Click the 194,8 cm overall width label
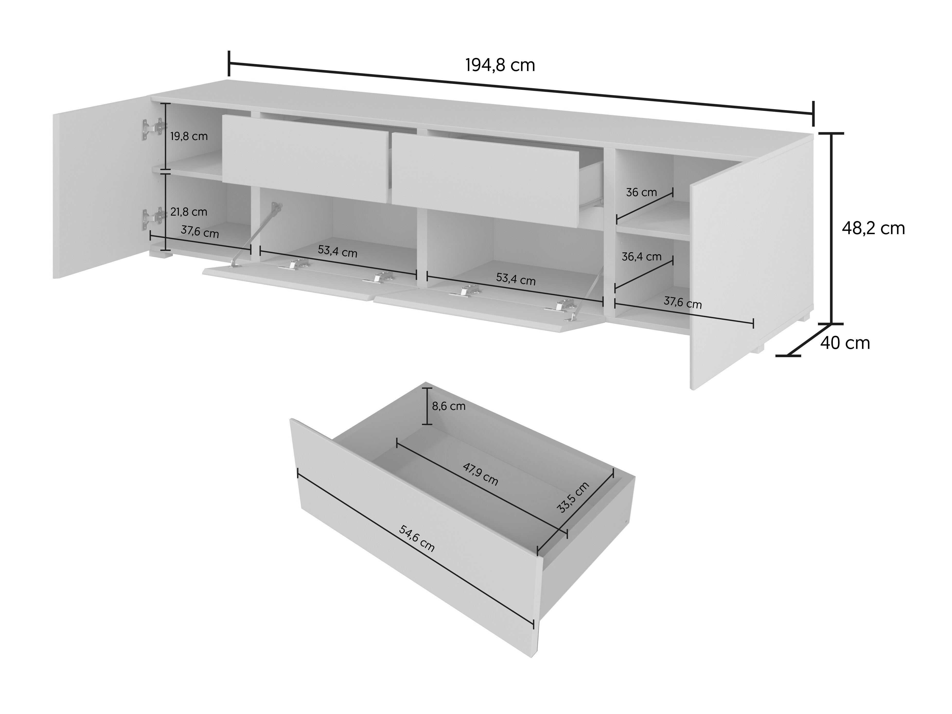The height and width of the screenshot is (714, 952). (500, 65)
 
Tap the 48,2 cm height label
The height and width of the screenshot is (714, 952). (873, 228)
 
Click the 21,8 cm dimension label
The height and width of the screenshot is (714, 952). (189, 212)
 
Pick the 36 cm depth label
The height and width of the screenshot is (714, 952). (641, 192)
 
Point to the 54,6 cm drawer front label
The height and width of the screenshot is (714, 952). (417, 539)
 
